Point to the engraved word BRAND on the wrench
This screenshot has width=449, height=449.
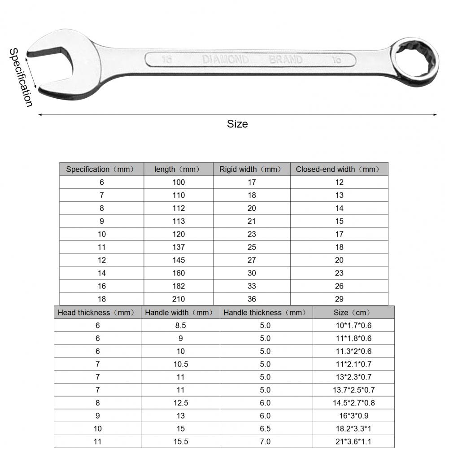[x=286, y=60]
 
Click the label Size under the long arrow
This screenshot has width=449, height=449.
[x=237, y=124]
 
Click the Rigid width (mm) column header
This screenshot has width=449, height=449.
[x=251, y=169]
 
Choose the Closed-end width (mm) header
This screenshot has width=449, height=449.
[x=339, y=169]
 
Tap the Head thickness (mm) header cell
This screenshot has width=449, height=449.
[x=97, y=313]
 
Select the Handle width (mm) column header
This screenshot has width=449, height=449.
[x=180, y=313]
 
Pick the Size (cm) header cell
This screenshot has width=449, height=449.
[x=353, y=313]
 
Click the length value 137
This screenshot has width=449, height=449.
[x=178, y=247]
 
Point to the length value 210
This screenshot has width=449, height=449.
[x=178, y=299]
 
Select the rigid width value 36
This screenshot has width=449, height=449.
[x=251, y=299]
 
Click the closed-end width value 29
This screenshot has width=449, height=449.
[x=339, y=299]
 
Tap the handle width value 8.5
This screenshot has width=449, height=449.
[x=180, y=326]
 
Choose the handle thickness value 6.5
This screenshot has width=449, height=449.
[x=266, y=429]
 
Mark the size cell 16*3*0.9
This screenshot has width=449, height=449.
[x=353, y=416]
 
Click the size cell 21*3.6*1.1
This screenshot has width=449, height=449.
[x=353, y=442]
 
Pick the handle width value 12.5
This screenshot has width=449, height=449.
[x=180, y=403]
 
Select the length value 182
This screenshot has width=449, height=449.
[x=178, y=286]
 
